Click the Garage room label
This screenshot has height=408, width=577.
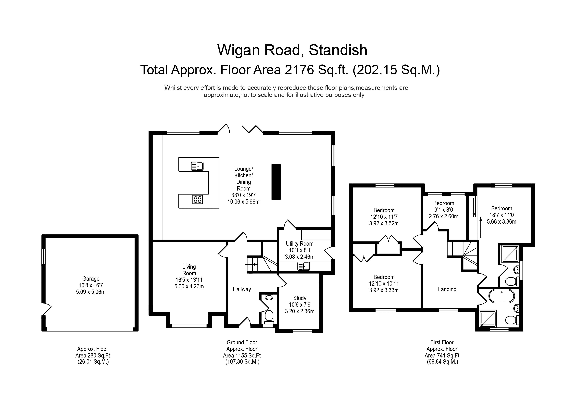[x=91, y=279]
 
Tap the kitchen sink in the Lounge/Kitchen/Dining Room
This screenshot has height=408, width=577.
[x=197, y=166]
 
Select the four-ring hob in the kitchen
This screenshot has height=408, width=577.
[x=198, y=200]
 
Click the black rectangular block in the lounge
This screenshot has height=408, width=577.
[x=276, y=182]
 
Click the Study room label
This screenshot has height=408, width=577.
[x=300, y=298]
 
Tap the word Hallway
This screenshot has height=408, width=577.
[x=242, y=289]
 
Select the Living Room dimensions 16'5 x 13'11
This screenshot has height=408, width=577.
[x=189, y=280]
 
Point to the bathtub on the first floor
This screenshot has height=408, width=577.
[x=501, y=296]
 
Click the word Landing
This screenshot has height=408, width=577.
[x=447, y=289]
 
